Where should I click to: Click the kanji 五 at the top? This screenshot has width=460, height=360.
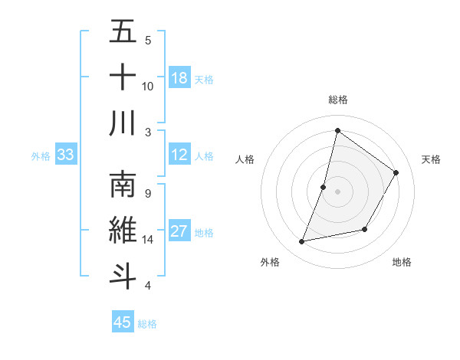point(123,32)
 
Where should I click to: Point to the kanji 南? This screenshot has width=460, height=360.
point(123,185)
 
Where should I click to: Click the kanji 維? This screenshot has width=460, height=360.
point(123,231)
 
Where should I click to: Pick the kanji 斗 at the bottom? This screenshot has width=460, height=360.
point(123,277)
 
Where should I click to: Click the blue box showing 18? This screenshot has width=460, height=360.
point(179,78)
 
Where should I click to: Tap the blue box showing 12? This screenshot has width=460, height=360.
point(179,155)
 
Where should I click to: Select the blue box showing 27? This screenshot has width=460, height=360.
point(179,231)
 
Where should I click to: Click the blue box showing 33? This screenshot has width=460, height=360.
point(66,155)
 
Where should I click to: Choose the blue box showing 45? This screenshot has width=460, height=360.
point(123,322)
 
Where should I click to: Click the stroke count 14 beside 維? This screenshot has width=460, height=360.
point(148,240)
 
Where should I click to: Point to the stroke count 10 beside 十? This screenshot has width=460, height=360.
point(148,86)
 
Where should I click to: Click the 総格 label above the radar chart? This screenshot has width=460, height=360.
point(337,100)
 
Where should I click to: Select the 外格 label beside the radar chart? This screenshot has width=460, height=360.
point(270,262)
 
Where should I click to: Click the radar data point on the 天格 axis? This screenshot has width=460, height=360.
point(396,172)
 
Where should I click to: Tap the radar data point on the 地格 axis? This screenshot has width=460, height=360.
point(365,229)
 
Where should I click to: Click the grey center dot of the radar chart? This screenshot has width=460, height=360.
point(337,191)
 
